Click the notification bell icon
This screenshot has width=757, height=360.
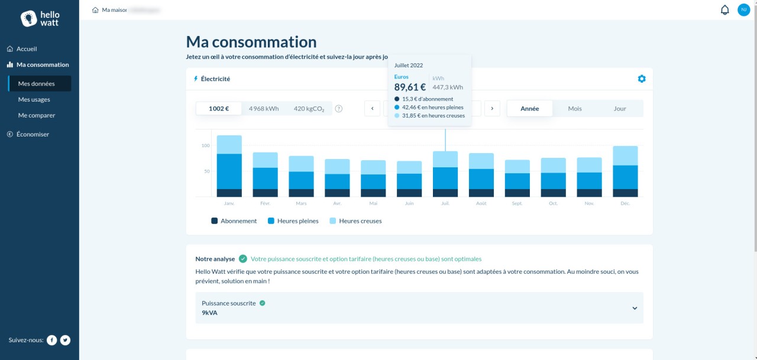click(724, 10)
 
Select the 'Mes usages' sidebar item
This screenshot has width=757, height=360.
click(34, 99)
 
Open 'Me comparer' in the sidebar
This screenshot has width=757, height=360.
click(36, 115)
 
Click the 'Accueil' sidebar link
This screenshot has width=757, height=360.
click(27, 49)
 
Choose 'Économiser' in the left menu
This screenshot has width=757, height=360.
click(33, 134)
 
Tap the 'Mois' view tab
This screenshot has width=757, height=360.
click(574, 109)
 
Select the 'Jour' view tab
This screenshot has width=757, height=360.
click(619, 109)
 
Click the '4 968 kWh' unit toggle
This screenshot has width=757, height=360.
click(264, 109)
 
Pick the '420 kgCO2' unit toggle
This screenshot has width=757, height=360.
click(309, 109)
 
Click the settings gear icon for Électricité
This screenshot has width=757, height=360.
click(642, 79)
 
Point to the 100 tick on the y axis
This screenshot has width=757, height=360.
click(205, 145)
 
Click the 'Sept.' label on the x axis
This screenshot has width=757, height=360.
click(517, 203)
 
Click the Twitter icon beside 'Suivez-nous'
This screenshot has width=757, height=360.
click(65, 340)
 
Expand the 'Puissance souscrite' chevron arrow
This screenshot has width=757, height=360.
click(635, 308)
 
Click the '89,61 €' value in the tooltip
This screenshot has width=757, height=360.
click(410, 87)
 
